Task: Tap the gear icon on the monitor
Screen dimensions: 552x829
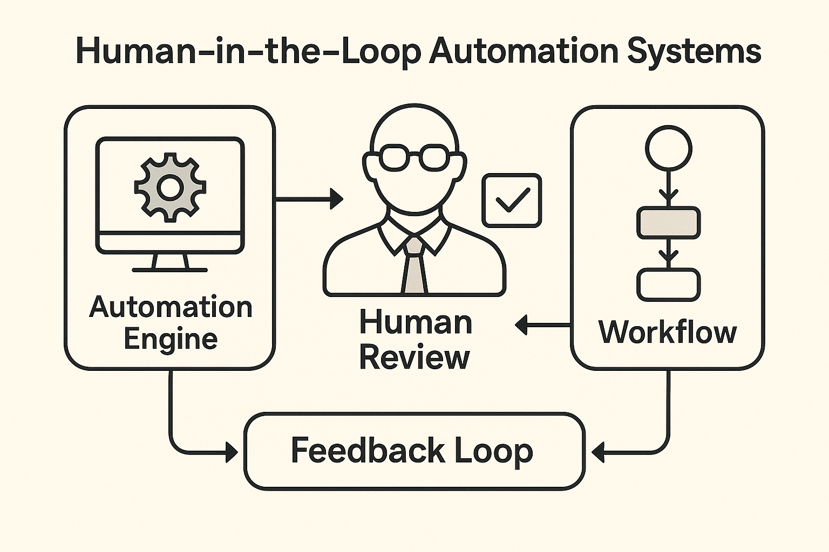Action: pyautogui.click(x=170, y=187)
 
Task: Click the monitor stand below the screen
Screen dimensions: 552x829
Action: pyautogui.click(x=170, y=263)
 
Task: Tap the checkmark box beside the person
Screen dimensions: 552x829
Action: pyautogui.click(x=512, y=200)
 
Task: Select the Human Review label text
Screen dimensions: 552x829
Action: pyautogui.click(x=415, y=340)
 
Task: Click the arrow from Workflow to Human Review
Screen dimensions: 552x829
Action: pyautogui.click(x=542, y=325)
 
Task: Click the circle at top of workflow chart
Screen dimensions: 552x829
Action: pyautogui.click(x=669, y=148)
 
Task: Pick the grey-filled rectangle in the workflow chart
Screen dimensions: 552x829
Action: pyautogui.click(x=669, y=223)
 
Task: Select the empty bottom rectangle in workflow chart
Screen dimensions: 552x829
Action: pyautogui.click(x=669, y=284)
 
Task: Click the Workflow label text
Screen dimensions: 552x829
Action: pyautogui.click(x=668, y=332)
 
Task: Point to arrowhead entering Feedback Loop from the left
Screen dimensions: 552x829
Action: pyautogui.click(x=231, y=452)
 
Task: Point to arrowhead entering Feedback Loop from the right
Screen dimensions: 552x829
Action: pyautogui.click(x=599, y=452)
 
